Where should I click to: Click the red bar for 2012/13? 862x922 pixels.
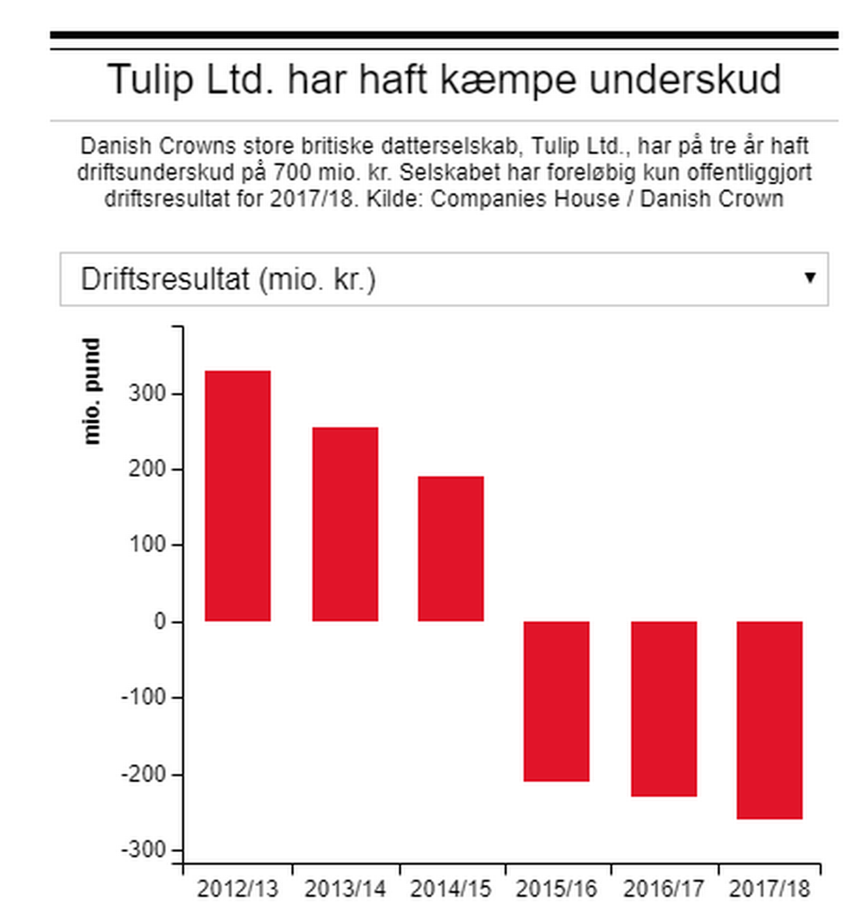(x=238, y=496)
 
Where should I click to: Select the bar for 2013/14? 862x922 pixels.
(x=345, y=524)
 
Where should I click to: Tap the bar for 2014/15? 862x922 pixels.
(x=451, y=549)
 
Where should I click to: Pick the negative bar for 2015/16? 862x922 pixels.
(x=557, y=701)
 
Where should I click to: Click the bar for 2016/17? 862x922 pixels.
(x=664, y=708)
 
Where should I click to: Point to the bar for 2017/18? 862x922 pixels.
(x=770, y=720)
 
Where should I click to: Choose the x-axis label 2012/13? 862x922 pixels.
(x=238, y=890)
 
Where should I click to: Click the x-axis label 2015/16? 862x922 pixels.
(x=557, y=890)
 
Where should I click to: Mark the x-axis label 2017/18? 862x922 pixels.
(x=770, y=890)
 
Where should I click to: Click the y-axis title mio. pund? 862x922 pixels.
(x=92, y=391)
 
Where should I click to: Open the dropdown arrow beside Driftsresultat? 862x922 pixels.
(x=810, y=277)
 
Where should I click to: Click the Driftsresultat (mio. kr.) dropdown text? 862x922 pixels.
(x=228, y=279)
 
